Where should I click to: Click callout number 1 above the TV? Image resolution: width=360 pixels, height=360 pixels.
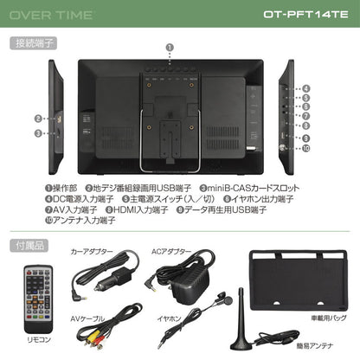(169, 48)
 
